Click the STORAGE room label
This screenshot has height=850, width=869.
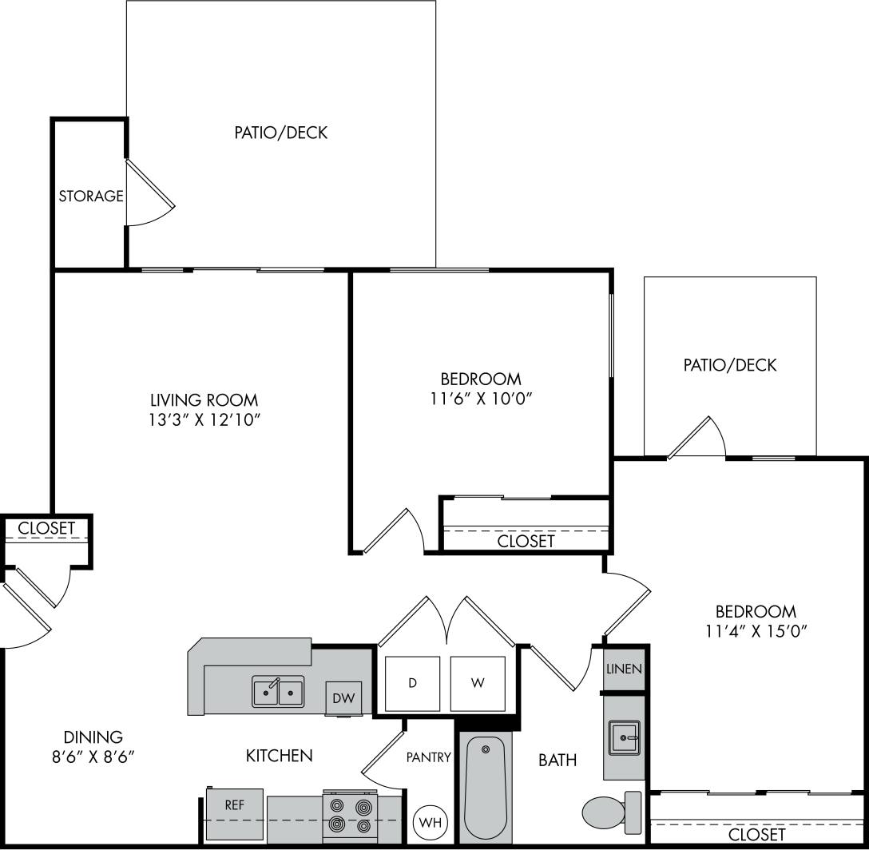point(91,196)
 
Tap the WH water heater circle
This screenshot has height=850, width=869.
point(430,822)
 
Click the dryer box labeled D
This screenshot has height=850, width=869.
point(412,683)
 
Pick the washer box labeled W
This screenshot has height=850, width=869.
point(477,683)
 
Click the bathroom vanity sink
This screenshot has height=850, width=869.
point(623,737)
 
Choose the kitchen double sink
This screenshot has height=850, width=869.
point(278,691)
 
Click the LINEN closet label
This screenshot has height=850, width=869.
point(624,669)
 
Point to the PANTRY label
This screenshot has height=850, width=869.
point(429,757)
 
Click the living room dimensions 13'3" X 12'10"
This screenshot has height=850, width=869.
point(204,420)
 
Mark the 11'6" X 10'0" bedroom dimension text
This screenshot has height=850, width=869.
point(481,399)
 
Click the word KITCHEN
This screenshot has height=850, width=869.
point(279,755)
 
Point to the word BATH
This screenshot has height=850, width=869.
point(558,760)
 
